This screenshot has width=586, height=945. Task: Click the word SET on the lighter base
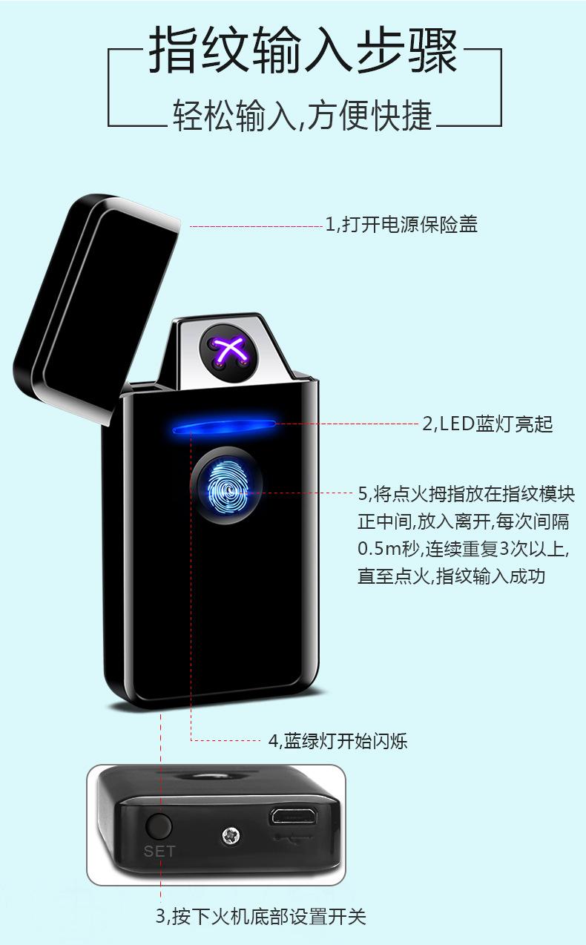pos(159,851)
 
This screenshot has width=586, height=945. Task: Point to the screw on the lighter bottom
pos(230,836)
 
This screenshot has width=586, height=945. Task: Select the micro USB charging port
pos(293,815)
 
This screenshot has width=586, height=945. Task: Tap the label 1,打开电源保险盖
pos(401,224)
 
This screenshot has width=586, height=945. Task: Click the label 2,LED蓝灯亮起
pos(487,424)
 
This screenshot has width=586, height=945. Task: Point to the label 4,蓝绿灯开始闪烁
pos(338,740)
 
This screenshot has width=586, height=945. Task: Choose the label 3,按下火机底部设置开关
pos(260,916)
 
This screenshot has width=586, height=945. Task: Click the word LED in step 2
pos(457,424)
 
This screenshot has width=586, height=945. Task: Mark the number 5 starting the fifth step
pos(363,494)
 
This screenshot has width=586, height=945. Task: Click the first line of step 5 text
pos(466,494)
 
